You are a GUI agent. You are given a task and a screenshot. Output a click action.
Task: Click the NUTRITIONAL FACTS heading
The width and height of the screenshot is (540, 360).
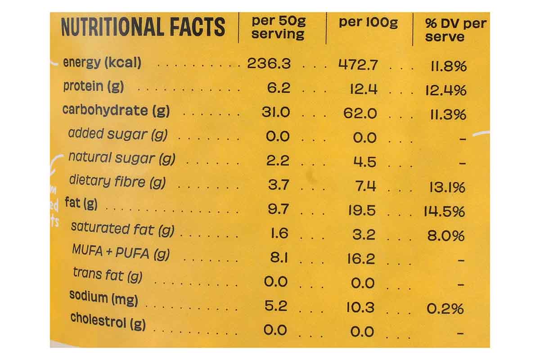[x=143, y=27]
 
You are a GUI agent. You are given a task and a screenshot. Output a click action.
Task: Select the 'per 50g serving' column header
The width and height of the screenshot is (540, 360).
[x=278, y=27]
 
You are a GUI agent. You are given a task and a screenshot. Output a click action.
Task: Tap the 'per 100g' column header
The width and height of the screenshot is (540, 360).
[x=368, y=22]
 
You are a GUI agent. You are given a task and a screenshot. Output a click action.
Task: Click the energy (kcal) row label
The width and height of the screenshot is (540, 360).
[x=102, y=63]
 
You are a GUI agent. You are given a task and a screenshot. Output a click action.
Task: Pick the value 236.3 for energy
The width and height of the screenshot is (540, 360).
[x=269, y=63]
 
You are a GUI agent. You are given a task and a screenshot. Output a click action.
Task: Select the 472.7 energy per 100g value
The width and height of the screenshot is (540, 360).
[x=358, y=65]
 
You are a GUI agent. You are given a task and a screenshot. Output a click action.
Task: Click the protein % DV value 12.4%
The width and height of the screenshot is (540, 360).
[x=445, y=90]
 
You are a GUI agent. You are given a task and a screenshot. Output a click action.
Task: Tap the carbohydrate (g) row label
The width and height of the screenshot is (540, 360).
[x=116, y=110]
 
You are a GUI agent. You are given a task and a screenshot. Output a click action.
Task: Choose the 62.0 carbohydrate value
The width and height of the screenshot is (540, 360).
[x=360, y=113]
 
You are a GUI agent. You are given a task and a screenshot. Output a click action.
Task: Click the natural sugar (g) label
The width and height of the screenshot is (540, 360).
[x=121, y=158]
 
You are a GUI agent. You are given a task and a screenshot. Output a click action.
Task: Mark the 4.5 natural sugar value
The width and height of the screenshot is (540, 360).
[x=364, y=162]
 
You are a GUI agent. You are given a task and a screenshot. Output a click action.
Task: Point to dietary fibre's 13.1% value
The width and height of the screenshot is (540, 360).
[x=446, y=187]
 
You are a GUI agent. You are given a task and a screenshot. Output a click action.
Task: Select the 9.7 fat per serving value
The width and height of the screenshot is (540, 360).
[x=278, y=209]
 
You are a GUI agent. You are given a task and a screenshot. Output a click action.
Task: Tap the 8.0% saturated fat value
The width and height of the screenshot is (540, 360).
[x=445, y=236]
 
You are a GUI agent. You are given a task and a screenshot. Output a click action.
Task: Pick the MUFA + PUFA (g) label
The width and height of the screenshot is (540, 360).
[x=121, y=253]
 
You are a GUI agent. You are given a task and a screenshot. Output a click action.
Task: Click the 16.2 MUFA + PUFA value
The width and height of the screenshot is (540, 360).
[x=361, y=259]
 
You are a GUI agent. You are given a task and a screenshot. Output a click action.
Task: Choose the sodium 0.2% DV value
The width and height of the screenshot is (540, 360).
[x=445, y=309]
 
